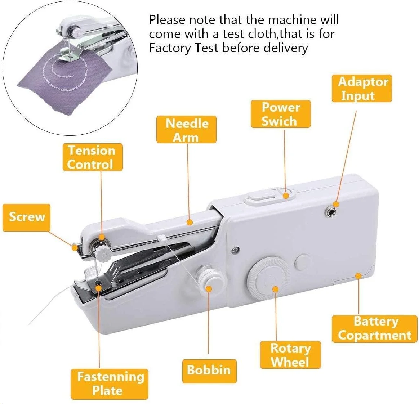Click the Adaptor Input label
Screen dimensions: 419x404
[x=362, y=88]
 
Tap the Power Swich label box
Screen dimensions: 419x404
[x=281, y=114]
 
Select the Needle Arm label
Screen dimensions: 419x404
[x=186, y=130]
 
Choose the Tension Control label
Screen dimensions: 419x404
[x=93, y=157]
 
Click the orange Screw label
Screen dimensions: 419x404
[x=26, y=217]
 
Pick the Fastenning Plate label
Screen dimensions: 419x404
[x=110, y=384]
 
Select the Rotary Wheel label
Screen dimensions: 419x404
[x=290, y=355]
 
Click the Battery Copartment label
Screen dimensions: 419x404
[x=374, y=329]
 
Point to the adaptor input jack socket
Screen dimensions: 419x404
[x=330, y=212]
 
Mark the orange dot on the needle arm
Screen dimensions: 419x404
[x=190, y=222]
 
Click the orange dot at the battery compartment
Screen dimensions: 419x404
[x=358, y=276]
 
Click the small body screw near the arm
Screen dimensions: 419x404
[x=235, y=250]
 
